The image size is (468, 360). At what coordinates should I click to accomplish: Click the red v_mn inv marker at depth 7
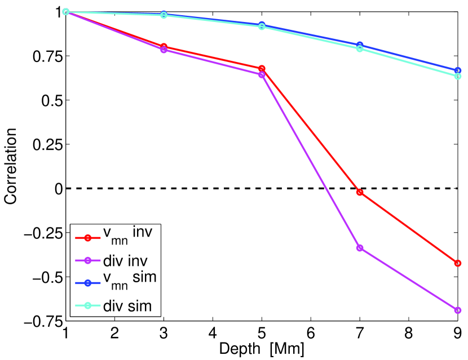point(359,193)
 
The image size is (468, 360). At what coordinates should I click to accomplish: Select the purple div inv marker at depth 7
point(359,248)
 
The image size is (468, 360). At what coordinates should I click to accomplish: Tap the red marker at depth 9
point(457,263)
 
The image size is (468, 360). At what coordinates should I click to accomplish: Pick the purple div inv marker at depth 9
point(457,310)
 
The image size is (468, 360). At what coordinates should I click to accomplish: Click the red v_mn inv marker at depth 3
point(164,46)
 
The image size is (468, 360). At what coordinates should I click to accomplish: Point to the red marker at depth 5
point(262,68)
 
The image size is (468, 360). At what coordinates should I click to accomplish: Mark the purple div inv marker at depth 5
point(262,74)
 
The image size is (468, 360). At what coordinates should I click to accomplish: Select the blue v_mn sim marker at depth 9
point(457,70)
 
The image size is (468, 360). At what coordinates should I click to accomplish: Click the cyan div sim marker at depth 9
point(457,76)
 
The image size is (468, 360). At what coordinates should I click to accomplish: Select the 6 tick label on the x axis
point(310,332)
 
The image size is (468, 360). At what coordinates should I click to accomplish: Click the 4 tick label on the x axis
point(213,332)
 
